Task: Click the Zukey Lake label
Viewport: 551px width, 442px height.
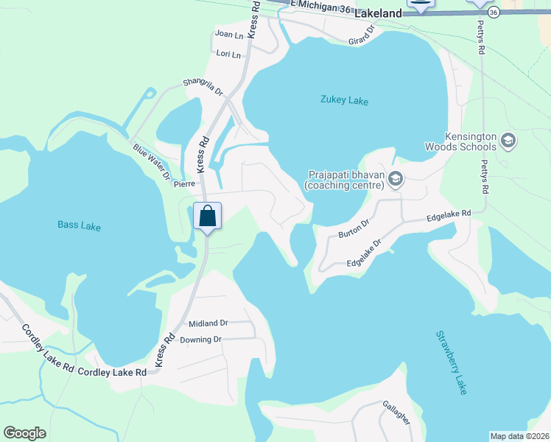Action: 344,100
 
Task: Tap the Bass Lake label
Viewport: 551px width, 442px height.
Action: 79,226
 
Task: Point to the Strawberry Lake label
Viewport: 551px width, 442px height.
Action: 451,362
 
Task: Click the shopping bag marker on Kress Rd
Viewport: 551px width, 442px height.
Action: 207,217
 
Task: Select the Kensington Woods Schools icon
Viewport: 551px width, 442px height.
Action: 508,140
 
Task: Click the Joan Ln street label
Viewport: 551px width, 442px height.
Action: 228,35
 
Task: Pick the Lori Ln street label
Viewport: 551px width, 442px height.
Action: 229,54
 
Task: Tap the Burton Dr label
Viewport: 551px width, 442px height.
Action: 353,229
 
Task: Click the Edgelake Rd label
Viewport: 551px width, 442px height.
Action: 449,216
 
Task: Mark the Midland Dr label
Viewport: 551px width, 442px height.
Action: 208,323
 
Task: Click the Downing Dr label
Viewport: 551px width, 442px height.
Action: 200,340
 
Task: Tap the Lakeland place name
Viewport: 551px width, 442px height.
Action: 378,14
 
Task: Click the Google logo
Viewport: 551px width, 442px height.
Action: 24,433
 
